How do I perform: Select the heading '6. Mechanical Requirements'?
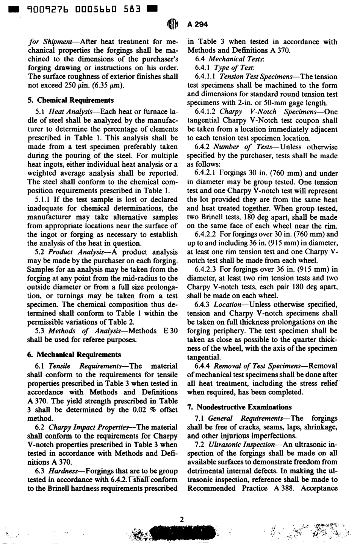pyautogui.click(x=74, y=355)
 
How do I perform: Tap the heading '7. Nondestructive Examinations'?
pyautogui.click(x=239, y=407)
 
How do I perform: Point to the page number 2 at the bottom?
pyautogui.click(x=182, y=520)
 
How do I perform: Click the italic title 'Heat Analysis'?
pyautogui.click(x=69, y=112)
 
